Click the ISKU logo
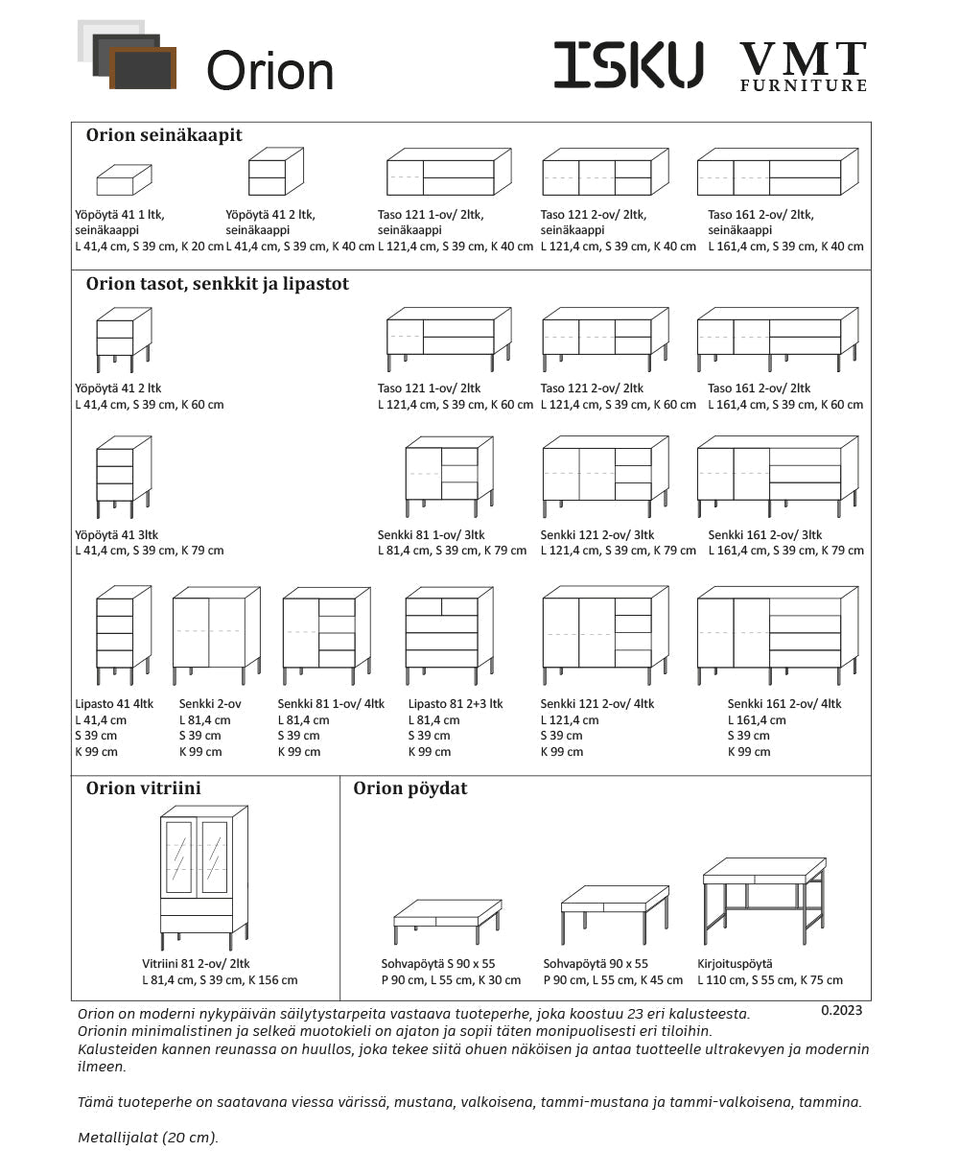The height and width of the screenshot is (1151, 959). pos(628,65)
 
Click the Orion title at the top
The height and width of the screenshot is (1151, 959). pos(269,71)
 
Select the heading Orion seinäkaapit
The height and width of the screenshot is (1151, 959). pos(164,135)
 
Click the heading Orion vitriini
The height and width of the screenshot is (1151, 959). pos(144,788)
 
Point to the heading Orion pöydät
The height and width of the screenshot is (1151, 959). pos(410,788)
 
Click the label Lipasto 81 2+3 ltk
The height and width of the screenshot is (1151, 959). pos(456,704)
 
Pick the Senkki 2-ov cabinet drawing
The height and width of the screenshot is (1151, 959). pos(216,634)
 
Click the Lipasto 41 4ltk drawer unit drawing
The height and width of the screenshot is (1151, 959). pos(124,634)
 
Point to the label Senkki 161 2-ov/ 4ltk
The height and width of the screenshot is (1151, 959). pos(784,704)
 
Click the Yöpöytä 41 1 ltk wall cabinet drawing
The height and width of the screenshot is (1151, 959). pos(124,179)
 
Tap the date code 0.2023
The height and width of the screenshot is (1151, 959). pos(842,1010)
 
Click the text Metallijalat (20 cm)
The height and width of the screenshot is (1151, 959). pos(148,1138)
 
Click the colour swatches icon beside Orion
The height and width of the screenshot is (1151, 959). pos(127,56)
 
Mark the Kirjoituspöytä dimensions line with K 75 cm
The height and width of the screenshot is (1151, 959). pos(770,980)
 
